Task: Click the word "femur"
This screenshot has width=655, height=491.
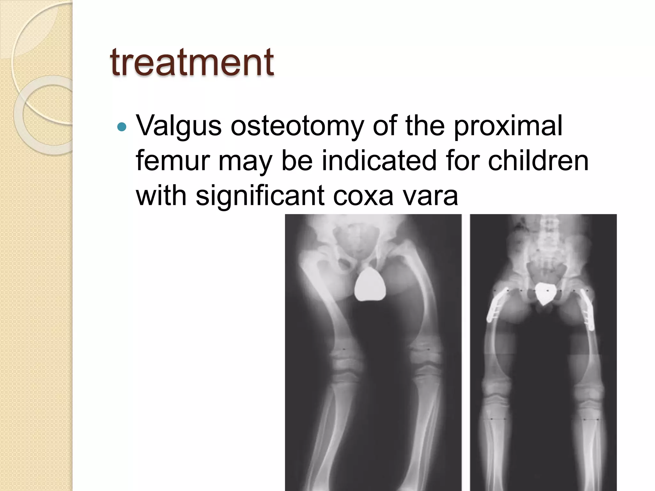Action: pos(172,160)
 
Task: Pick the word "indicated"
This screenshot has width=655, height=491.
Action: pos(379,160)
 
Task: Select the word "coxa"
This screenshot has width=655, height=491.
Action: pos(363,196)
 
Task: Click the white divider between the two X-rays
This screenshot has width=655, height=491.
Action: pos(466,352)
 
